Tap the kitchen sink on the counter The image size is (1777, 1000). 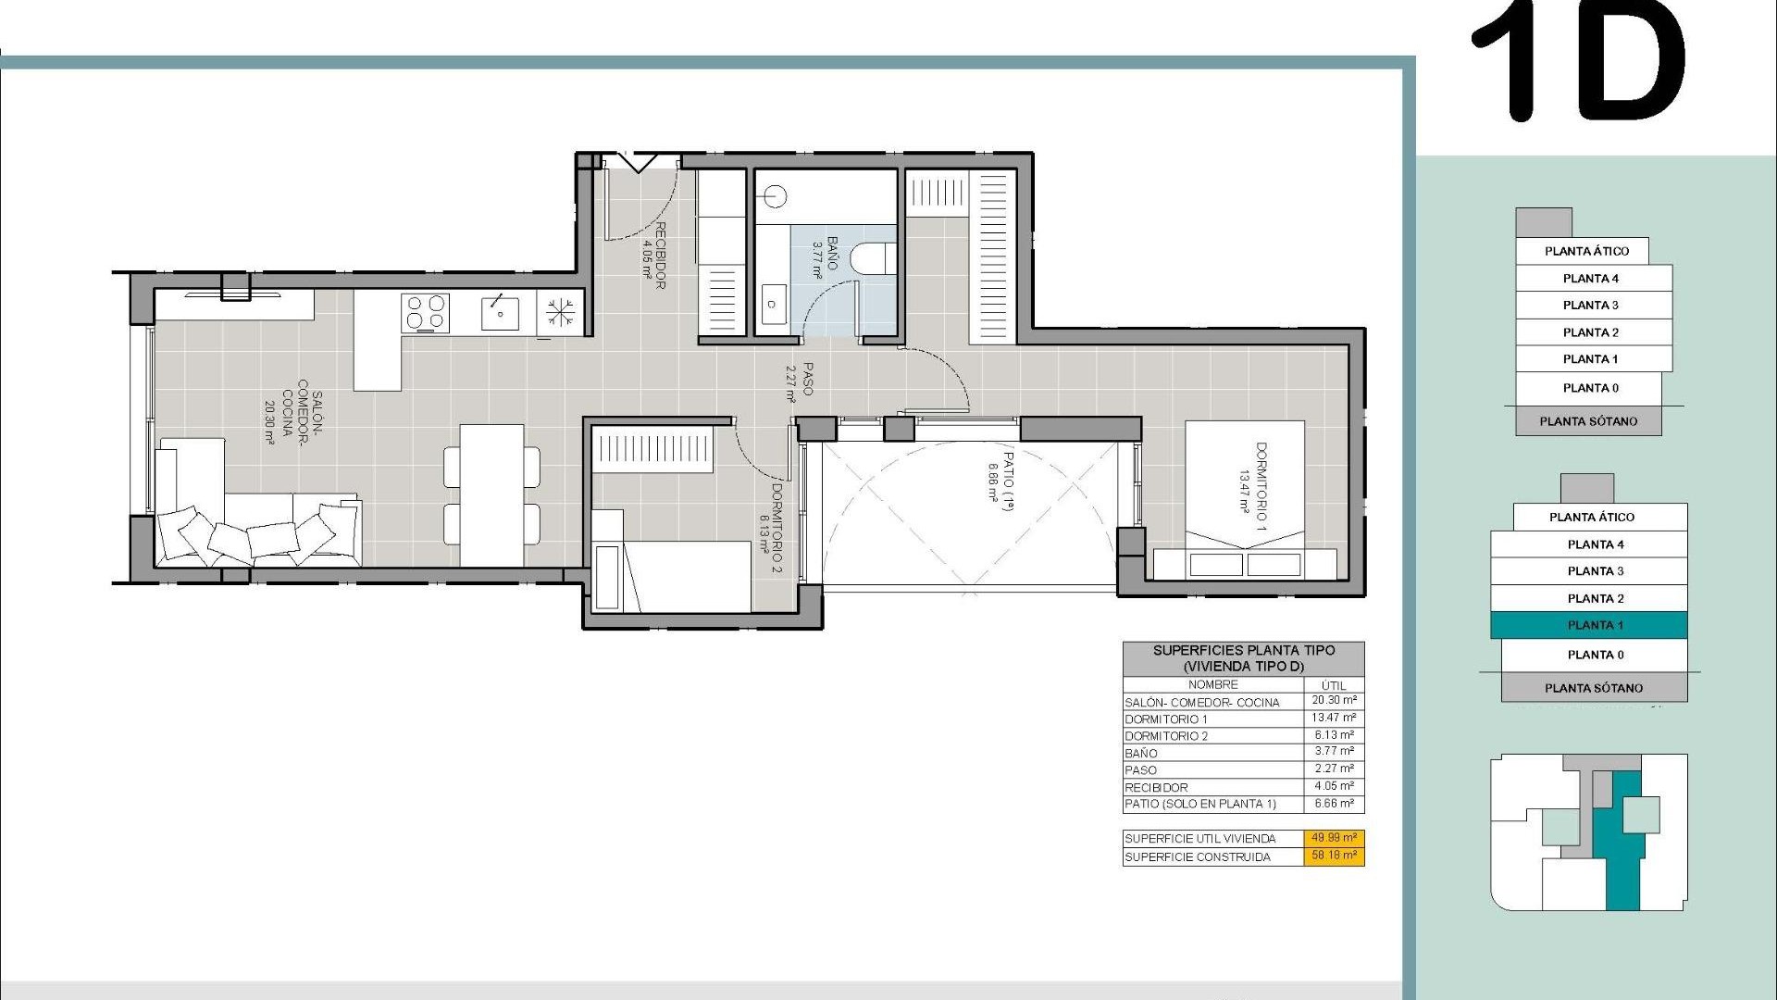(x=500, y=313)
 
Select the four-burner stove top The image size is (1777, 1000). (x=426, y=313)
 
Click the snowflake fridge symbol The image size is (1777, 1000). (x=560, y=312)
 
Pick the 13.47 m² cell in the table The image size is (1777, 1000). (x=1334, y=718)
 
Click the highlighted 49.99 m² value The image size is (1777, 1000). (x=1334, y=838)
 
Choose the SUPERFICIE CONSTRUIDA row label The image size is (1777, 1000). (x=1198, y=857)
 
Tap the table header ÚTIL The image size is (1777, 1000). (x=1334, y=685)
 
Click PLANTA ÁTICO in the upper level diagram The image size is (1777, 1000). (x=1586, y=251)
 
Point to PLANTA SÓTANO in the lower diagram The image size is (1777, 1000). (x=1594, y=688)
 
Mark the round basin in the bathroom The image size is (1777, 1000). (x=775, y=196)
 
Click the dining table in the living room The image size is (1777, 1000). (x=491, y=494)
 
